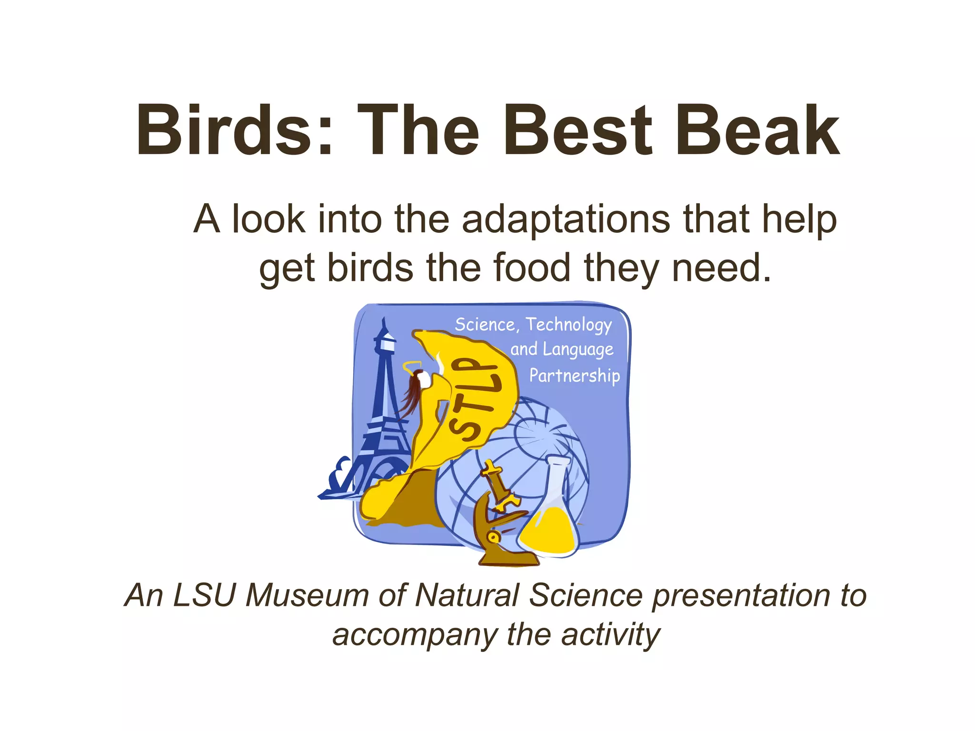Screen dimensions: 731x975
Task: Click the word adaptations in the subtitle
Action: (x=566, y=219)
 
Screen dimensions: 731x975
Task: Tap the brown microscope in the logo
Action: (x=500, y=519)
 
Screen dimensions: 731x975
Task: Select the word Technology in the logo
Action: (x=568, y=325)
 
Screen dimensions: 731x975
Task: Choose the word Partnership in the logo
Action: (x=575, y=376)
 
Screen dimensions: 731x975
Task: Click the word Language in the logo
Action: (x=578, y=350)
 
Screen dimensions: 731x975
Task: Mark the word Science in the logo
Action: (x=485, y=325)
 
